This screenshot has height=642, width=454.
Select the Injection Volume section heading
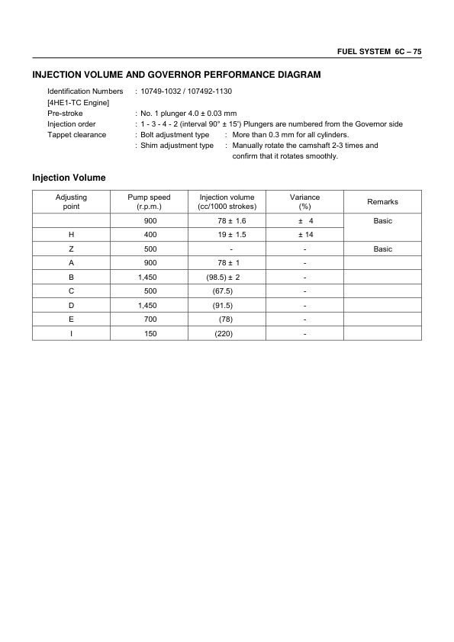pyautogui.click(x=69, y=178)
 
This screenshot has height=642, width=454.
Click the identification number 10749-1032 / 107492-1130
pyautogui.click(x=183, y=91)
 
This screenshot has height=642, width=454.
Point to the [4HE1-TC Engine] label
pyautogui.click(x=79, y=102)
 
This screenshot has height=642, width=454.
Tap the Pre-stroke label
pyautogui.click(x=65, y=113)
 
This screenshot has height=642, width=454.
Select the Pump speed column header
pyautogui.click(x=150, y=201)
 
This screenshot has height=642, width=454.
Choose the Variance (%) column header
pyautogui.click(x=305, y=201)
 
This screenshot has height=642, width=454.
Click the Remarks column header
pyautogui.click(x=382, y=202)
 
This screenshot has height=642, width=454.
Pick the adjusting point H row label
pyautogui.click(x=71, y=235)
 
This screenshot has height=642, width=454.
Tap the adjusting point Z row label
pyautogui.click(x=71, y=249)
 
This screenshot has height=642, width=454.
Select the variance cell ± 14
pyautogui.click(x=305, y=235)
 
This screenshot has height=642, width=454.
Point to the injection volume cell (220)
pyautogui.click(x=226, y=333)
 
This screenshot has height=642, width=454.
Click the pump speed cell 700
pyautogui.click(x=150, y=319)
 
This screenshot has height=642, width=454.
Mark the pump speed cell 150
pyautogui.click(x=150, y=333)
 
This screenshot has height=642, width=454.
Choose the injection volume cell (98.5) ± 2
pyautogui.click(x=227, y=277)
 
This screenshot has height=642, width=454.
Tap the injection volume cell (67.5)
pyautogui.click(x=226, y=291)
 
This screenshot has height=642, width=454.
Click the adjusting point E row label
pyautogui.click(x=71, y=319)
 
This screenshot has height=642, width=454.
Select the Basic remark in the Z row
pyautogui.click(x=382, y=249)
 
